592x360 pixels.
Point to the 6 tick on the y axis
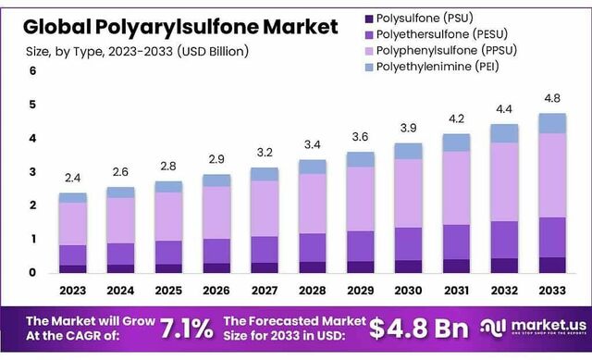(x=33, y=71)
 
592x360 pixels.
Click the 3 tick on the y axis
(x=33, y=172)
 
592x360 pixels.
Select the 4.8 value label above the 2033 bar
(x=552, y=98)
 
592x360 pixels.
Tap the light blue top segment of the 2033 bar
(x=552, y=123)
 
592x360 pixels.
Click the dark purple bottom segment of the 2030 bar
(x=408, y=267)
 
